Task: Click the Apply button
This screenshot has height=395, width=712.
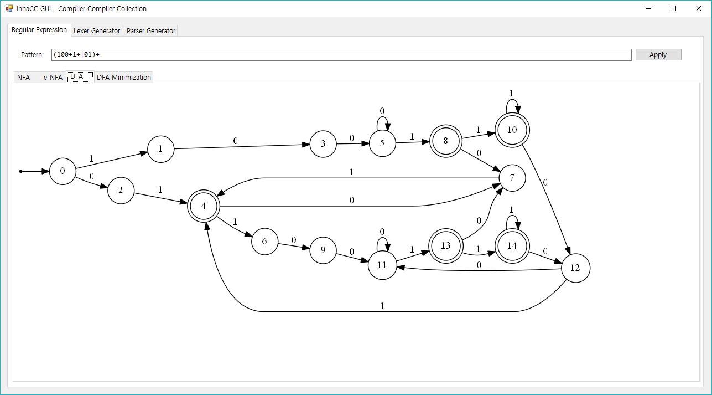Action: tap(658, 55)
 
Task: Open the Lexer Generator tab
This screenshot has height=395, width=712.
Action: tap(97, 31)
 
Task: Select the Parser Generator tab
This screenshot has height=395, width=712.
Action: tap(150, 31)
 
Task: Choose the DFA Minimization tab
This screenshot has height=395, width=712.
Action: tap(123, 78)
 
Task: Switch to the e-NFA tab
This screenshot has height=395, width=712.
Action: tap(53, 78)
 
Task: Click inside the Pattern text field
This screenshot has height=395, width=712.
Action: tap(341, 55)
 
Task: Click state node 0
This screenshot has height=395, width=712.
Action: tap(63, 171)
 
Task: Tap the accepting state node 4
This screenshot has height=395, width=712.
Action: tap(204, 206)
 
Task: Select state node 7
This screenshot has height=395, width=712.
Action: tap(512, 178)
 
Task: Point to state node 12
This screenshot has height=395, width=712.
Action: tap(575, 268)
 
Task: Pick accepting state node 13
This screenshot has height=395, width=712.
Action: tap(446, 245)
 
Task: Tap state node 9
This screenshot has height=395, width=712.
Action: tap(324, 250)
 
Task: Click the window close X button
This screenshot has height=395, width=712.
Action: tap(698, 8)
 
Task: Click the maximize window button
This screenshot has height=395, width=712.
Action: tap(673, 8)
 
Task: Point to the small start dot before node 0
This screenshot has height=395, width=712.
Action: tap(21, 172)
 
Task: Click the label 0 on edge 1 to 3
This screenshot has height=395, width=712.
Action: tap(235, 141)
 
